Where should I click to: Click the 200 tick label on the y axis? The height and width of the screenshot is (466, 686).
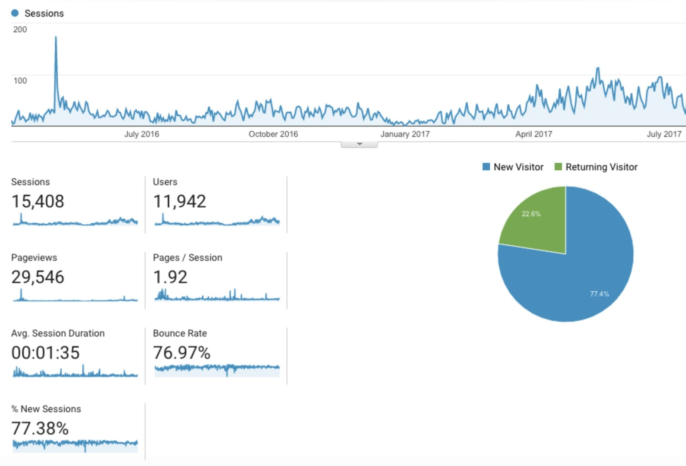(x=20, y=30)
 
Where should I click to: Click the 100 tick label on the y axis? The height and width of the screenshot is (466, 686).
(x=20, y=81)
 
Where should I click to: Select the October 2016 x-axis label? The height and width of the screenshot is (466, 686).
(x=273, y=134)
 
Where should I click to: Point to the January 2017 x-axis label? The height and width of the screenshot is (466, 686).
(x=405, y=134)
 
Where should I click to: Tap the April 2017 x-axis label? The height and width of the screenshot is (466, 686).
(x=533, y=134)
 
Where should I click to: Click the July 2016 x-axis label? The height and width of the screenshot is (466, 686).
(x=141, y=134)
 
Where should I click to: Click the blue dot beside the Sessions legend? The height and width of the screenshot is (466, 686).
(x=15, y=13)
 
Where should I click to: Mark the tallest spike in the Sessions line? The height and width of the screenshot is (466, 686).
(x=56, y=37)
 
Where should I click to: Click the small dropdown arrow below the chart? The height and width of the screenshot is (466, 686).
(x=359, y=144)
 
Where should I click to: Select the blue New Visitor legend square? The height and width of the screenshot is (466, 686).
(x=486, y=167)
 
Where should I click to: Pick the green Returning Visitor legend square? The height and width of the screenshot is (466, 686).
(x=558, y=167)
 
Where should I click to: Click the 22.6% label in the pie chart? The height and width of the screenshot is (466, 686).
(x=531, y=214)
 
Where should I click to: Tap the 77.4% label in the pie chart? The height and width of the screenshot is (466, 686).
(x=599, y=294)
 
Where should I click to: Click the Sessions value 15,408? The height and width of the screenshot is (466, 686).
(x=37, y=201)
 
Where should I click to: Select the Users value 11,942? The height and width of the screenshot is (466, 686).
(x=179, y=201)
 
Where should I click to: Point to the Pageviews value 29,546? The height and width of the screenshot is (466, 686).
(x=37, y=277)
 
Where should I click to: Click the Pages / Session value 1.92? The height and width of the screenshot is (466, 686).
(x=170, y=277)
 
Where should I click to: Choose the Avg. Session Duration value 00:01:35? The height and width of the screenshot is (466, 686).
(x=45, y=353)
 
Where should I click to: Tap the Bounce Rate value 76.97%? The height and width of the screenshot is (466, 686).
(x=182, y=353)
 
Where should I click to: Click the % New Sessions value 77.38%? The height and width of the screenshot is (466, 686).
(x=40, y=429)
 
